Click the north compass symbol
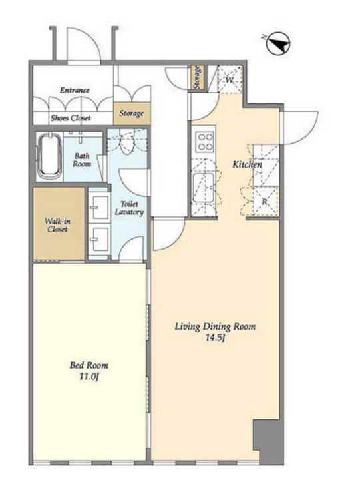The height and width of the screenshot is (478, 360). pos(278,43)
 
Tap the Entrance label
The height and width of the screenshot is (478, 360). pos(75,90)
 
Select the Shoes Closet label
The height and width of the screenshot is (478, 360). pos(71,118)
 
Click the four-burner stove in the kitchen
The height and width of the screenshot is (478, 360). pos(204,142)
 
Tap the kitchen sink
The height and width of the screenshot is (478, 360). pos(204,188)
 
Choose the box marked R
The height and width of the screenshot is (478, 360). pos(266,202)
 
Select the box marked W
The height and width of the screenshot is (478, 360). pos(230,79)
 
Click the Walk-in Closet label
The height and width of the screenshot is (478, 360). pos(57,225)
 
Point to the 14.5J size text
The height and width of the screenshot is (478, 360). pos(215,338)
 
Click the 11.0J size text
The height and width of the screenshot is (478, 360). pos(89,377)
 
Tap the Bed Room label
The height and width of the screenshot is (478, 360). pos(89,365)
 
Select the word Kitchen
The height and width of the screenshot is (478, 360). pos(247,164)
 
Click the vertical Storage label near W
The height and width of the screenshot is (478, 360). pos(198,77)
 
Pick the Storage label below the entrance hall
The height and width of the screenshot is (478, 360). pos(131,113)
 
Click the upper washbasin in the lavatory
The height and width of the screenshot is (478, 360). pos(100,207)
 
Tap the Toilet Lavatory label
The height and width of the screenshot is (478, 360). pos(129,208)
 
